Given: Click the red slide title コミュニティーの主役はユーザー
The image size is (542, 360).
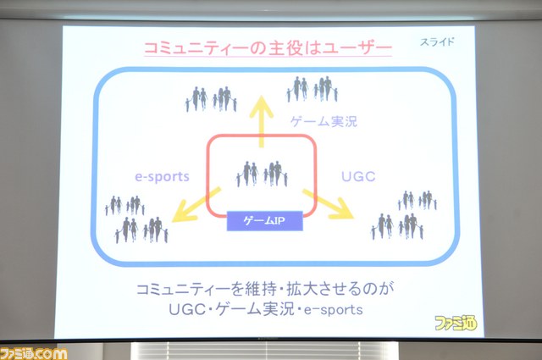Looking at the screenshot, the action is point(268,48).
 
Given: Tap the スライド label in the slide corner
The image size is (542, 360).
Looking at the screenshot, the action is point(437,42).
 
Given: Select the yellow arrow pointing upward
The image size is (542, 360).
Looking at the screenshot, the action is point(262,122).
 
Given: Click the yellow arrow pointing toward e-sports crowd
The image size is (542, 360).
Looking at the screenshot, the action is point(196,205).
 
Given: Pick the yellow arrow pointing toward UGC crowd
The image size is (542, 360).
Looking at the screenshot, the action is point(329,205).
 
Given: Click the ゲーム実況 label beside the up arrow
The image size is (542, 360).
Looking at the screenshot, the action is point(324,121).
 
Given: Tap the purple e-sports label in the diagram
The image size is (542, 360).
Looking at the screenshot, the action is point(162,177).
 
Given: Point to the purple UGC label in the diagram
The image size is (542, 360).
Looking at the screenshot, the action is point(358,177).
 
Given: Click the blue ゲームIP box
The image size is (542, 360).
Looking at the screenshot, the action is point(265,220).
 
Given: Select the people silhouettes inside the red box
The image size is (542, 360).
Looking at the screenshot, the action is point(262,174).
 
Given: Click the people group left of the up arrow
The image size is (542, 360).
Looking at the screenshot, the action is point(211,99).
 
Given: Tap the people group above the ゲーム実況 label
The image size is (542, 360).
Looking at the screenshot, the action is point(312,89).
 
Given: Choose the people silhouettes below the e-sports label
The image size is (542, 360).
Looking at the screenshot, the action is point(137,219).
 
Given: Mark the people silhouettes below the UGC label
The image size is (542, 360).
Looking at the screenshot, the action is point(405,215).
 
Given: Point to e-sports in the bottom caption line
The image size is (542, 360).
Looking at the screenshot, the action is point(334,310).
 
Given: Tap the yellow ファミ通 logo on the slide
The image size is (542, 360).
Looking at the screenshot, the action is point(456,323).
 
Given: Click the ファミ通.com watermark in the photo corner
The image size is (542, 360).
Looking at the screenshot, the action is point(34,353).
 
